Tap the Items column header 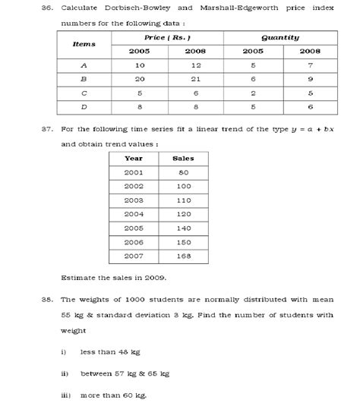click(x=84, y=44)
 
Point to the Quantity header click(x=279, y=37)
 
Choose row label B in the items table click(x=84, y=79)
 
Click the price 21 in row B click(x=195, y=79)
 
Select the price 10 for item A click(x=139, y=65)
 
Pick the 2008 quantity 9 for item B click(x=309, y=79)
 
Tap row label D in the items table click(x=84, y=107)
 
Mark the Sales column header click(x=183, y=159)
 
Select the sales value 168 click(x=183, y=256)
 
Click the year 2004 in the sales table click(x=134, y=214)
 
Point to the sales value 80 click(x=183, y=172)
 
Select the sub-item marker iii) click(x=65, y=395)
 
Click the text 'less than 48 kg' click(x=110, y=352)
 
